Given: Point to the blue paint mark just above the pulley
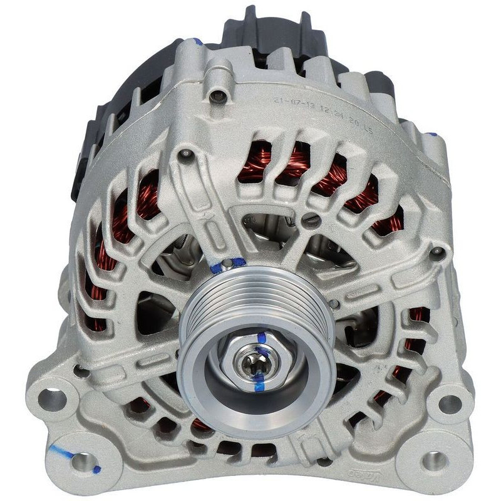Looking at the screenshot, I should [x=222, y=266].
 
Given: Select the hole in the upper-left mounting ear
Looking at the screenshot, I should [x=53, y=400].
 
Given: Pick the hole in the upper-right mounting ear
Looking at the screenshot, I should [x=449, y=404].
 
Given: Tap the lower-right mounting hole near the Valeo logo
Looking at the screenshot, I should [x=433, y=462].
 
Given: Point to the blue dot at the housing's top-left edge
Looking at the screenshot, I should [x=198, y=42].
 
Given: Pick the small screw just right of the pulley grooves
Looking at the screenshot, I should [x=334, y=304].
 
